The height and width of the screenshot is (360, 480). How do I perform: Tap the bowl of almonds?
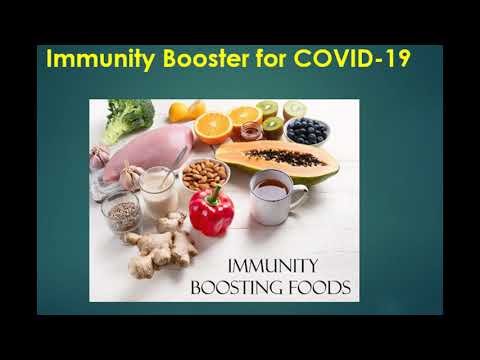[x=205, y=174]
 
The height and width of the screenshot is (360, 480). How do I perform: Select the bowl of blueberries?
[x=308, y=131]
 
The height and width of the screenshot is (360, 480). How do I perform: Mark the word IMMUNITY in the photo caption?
[x=273, y=266]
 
